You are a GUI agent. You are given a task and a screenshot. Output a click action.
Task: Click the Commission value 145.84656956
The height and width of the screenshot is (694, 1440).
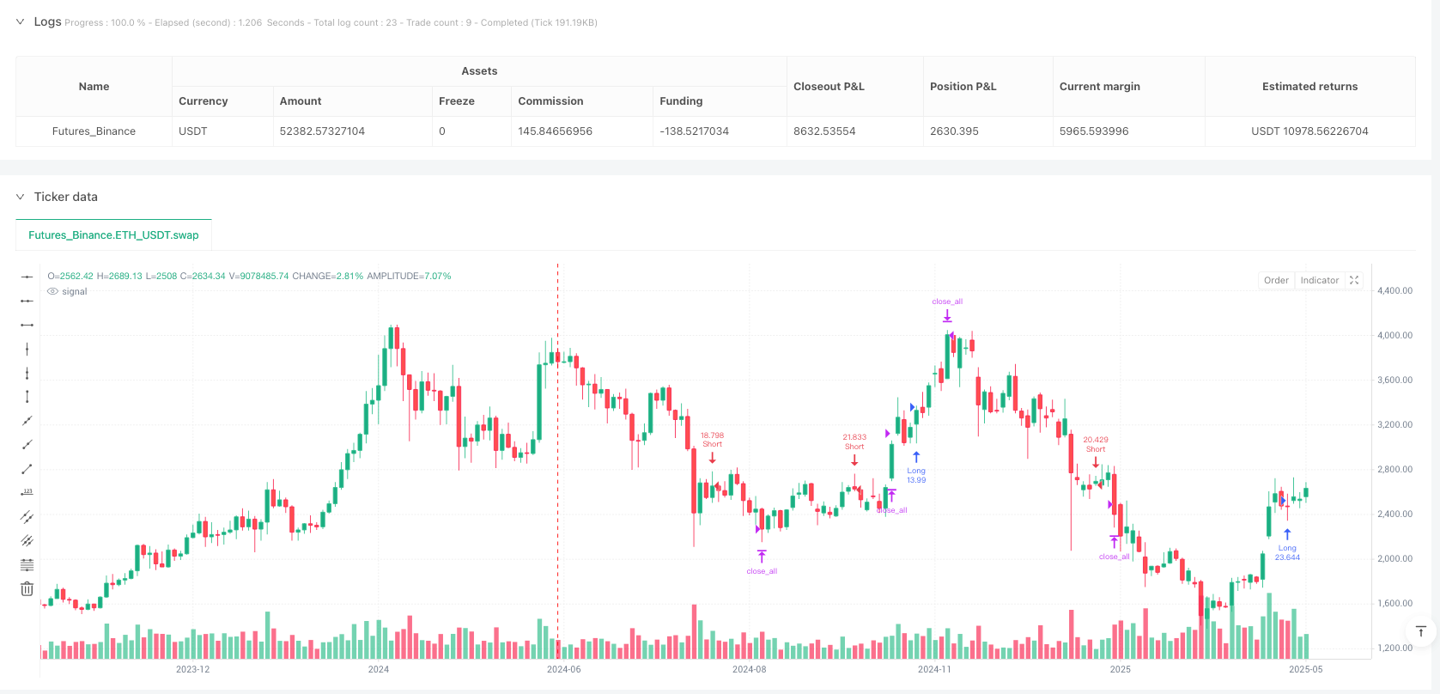(555, 131)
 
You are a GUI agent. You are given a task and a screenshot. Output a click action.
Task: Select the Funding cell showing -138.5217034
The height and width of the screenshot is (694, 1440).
(694, 131)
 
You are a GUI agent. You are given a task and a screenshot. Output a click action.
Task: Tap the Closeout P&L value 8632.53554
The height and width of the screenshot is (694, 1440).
(824, 131)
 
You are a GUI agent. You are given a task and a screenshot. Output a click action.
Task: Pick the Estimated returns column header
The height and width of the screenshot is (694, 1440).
(1309, 87)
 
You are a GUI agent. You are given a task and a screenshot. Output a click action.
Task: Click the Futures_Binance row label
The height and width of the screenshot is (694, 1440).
(94, 131)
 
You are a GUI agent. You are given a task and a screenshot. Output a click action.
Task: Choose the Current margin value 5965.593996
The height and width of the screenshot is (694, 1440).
(1094, 131)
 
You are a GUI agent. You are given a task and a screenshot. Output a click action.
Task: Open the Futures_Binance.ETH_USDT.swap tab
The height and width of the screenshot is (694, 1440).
(113, 235)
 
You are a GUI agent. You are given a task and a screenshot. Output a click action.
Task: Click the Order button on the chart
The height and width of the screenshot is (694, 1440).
(1276, 280)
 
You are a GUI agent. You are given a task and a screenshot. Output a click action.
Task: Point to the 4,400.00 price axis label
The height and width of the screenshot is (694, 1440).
(1394, 291)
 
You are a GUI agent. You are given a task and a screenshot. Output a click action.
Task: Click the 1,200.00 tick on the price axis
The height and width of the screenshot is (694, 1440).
(1394, 648)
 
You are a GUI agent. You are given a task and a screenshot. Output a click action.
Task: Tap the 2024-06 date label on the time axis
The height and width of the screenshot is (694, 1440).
(563, 669)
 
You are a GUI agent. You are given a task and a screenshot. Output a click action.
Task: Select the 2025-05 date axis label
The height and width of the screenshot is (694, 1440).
(1305, 669)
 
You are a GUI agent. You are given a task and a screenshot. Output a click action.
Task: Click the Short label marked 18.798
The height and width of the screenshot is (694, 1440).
(712, 440)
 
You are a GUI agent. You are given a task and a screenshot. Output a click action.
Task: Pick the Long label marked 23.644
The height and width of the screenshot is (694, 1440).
(1287, 552)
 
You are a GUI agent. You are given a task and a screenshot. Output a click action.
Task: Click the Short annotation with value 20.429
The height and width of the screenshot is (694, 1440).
(1096, 444)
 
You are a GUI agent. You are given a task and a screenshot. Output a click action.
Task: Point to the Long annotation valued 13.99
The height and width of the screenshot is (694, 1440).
(916, 475)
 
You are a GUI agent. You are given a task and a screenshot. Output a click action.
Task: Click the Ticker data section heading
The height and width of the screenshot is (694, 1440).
(65, 197)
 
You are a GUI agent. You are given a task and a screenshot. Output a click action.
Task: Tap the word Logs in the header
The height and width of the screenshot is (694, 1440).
(47, 21)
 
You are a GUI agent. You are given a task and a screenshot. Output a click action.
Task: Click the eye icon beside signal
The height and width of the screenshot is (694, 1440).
(52, 292)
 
